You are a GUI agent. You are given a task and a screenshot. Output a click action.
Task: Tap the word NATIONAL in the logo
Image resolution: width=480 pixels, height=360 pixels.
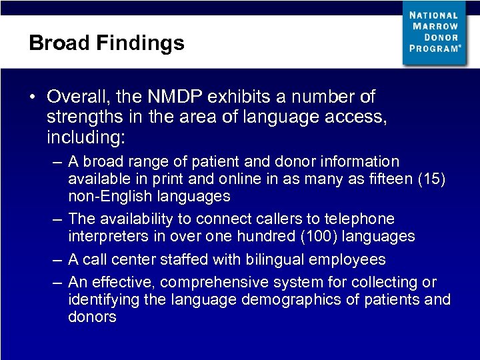coord(433,15)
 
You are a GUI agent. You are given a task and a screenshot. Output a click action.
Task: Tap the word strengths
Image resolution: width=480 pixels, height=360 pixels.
coord(79,119)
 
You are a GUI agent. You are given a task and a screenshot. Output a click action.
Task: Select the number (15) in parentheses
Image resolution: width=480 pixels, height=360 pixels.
coord(433,179)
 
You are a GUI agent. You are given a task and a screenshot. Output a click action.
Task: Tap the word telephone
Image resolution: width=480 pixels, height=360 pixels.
coord(361,219)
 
